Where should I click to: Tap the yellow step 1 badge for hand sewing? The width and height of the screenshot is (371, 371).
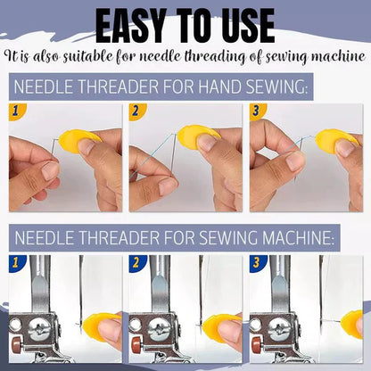tap(14, 111)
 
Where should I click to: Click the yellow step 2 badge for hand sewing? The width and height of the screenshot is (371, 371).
tap(136, 111)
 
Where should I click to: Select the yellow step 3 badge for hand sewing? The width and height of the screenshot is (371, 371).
tap(257, 111)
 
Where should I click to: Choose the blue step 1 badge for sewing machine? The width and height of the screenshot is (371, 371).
tap(14, 263)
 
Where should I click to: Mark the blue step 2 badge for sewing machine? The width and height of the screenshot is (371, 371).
tap(136, 263)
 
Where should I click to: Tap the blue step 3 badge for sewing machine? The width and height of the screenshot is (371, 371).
tap(257, 263)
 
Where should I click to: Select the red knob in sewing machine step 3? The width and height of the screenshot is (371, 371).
tap(256, 340)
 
